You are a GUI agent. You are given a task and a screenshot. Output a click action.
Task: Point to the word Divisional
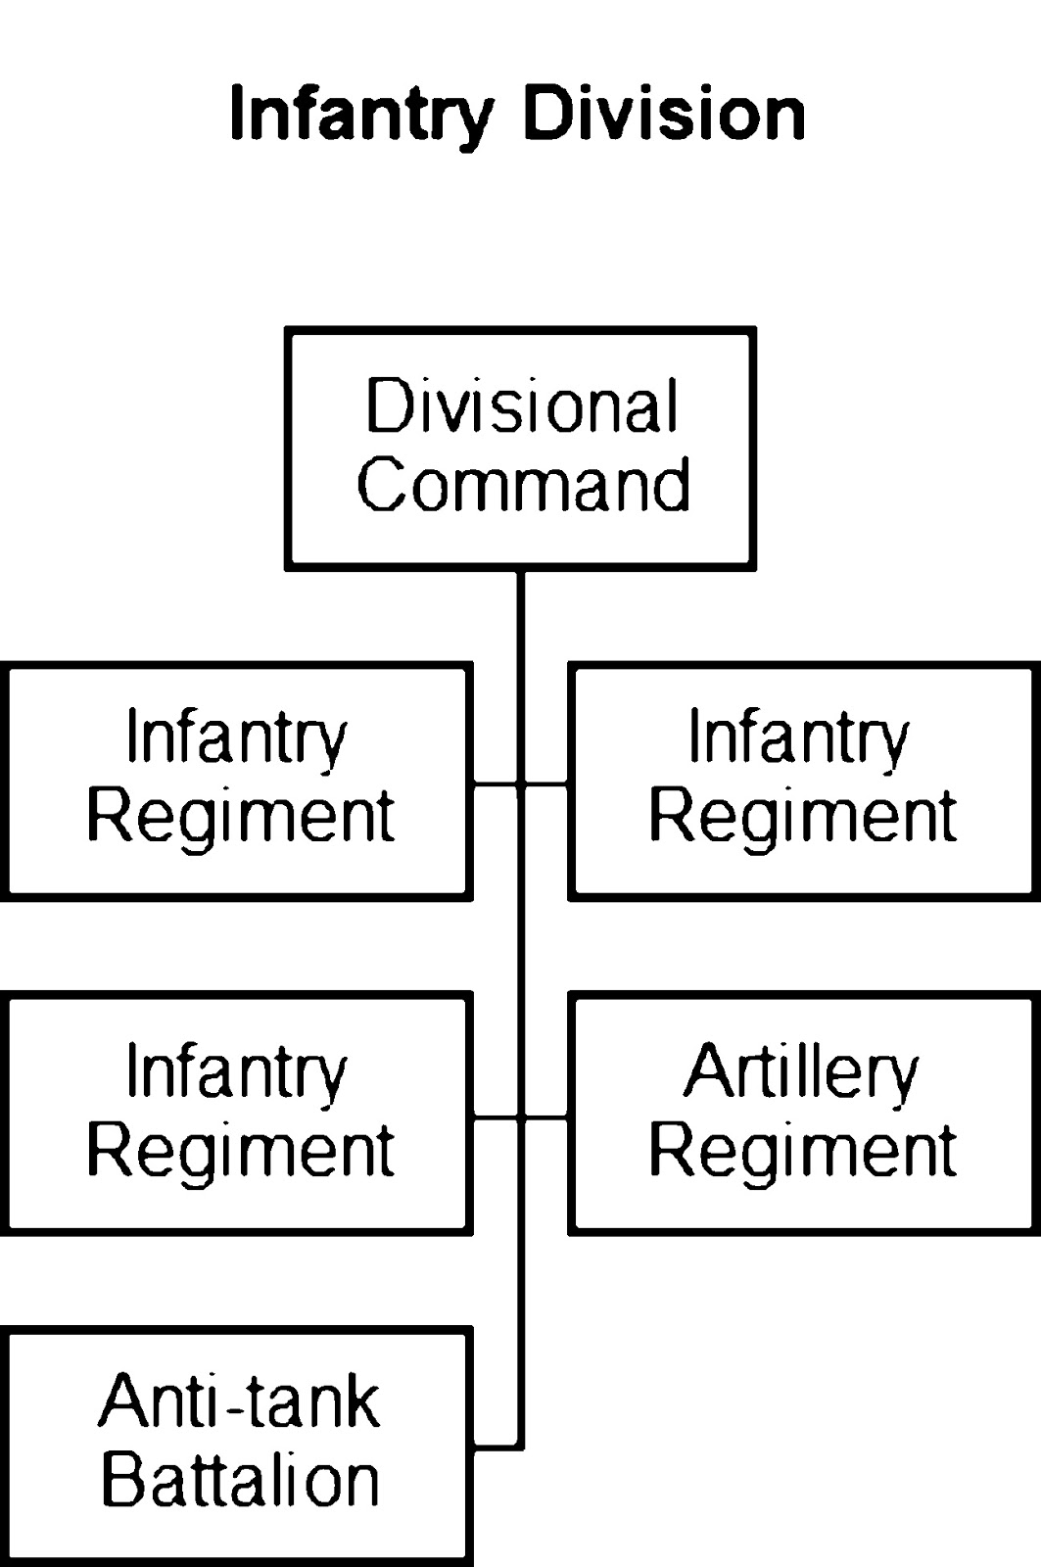(x=521, y=406)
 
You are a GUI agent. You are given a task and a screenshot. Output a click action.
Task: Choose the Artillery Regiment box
(x=803, y=1114)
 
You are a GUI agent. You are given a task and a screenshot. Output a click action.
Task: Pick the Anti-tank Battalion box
(x=238, y=1445)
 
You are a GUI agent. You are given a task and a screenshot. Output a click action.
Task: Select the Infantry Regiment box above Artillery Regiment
(x=803, y=781)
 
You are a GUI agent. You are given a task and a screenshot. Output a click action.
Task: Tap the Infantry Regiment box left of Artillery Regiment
(x=238, y=1114)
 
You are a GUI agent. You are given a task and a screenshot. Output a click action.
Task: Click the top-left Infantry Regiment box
(x=238, y=781)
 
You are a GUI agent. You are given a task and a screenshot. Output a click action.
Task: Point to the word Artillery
(x=801, y=1073)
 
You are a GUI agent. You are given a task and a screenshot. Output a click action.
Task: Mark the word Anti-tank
(x=239, y=1402)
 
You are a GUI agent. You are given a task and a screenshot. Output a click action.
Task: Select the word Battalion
(x=240, y=1480)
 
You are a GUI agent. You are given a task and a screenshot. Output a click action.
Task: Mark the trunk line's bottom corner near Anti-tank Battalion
(x=520, y=1446)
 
